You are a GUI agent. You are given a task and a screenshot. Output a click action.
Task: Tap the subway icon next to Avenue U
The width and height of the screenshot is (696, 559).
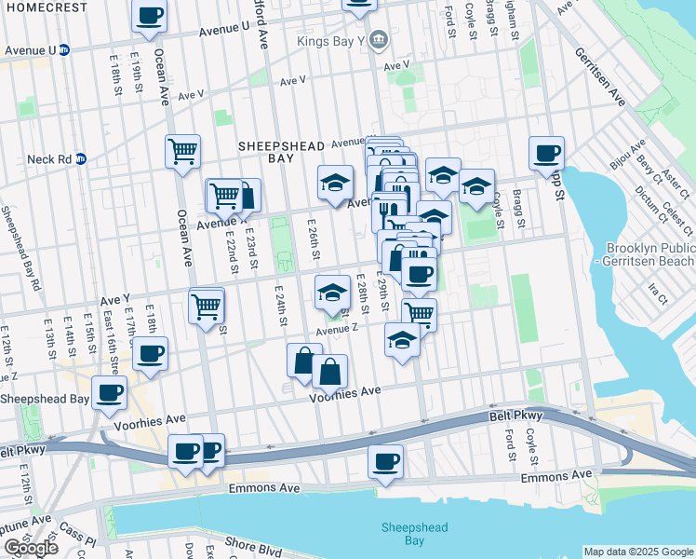(x=64, y=50)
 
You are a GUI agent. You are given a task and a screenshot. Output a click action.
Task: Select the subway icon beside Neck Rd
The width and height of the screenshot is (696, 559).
(x=81, y=158)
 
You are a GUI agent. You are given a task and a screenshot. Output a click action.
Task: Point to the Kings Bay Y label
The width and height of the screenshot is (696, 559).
(x=331, y=40)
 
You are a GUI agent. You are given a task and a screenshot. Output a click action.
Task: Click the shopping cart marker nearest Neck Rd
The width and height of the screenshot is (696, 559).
(x=183, y=150)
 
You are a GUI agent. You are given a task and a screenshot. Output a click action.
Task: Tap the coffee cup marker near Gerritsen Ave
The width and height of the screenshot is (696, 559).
(x=546, y=152)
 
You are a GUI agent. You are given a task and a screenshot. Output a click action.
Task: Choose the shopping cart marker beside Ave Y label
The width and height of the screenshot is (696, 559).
(x=206, y=306)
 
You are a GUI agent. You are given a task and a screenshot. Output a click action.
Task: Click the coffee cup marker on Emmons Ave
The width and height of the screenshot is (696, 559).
(x=385, y=460)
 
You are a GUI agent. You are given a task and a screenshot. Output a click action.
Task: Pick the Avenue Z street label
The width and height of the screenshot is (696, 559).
(x=337, y=330)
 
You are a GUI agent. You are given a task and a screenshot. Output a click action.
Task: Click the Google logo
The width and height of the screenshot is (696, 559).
(x=31, y=549)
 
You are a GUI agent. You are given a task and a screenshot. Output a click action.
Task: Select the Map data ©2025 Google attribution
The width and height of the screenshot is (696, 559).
(x=637, y=552)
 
